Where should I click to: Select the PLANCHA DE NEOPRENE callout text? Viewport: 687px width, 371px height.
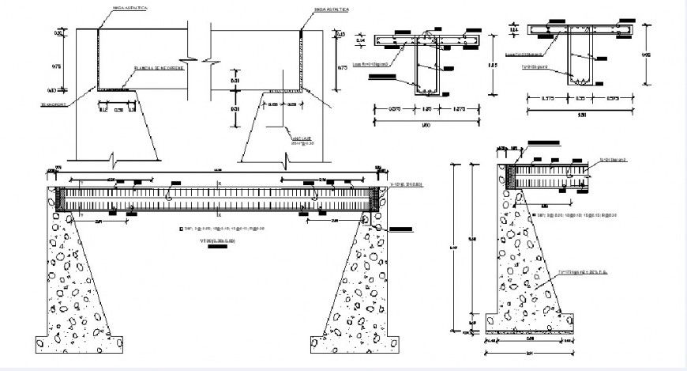pos(154,67)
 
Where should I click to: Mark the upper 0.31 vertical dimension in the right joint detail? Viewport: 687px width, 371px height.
pos(235,81)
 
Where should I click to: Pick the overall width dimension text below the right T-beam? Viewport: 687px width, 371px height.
pos(584,116)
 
